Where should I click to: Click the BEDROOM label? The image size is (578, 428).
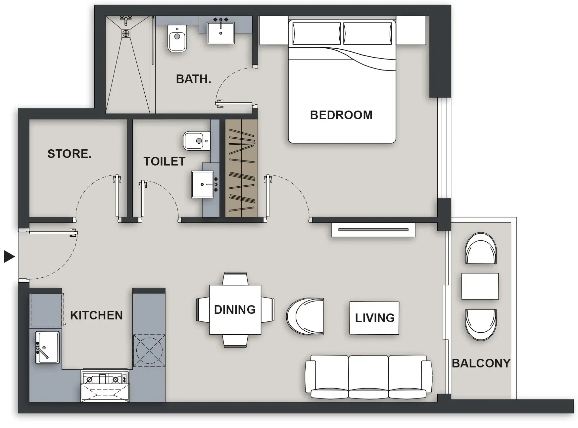(341, 115)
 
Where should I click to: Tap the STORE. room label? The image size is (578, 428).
(69, 154)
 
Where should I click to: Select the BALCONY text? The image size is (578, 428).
(481, 363)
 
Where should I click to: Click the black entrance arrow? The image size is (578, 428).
(9, 257)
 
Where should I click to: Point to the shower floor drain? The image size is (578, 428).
(126, 33)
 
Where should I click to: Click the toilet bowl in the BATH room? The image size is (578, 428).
(177, 39)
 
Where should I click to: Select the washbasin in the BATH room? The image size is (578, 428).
(221, 33)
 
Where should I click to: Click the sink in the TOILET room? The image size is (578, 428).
(203, 184)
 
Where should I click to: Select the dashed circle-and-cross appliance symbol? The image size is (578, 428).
(149, 350)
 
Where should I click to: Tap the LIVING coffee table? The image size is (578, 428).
(374, 318)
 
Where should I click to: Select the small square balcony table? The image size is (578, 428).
(480, 286)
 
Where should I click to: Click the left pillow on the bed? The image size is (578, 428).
(316, 33)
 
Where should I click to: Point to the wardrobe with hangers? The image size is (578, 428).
(241, 168)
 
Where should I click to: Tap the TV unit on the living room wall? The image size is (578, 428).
(373, 230)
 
